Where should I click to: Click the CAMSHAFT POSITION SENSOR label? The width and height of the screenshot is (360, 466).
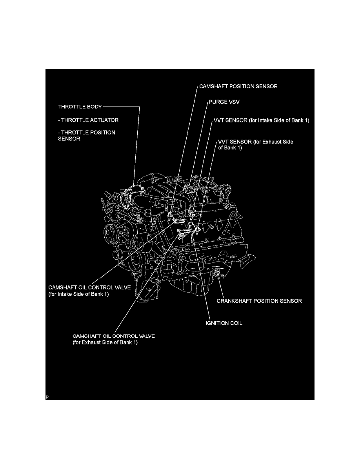238,86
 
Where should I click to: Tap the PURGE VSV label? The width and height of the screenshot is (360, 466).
224,102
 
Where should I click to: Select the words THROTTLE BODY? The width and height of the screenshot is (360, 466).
80,107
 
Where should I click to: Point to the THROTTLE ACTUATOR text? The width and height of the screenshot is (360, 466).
90,120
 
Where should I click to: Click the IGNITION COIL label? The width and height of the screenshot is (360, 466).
224,323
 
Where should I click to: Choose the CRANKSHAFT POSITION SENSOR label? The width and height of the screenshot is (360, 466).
259,301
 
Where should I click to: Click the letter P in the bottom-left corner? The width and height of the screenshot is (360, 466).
47,397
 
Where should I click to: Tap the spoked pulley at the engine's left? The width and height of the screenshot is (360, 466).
111,234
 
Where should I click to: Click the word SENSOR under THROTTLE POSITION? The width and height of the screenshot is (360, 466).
69,139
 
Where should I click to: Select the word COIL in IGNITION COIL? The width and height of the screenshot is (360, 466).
235,323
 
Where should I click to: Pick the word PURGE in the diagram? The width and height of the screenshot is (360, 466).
218,102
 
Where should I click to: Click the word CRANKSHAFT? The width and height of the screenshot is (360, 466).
235,301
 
